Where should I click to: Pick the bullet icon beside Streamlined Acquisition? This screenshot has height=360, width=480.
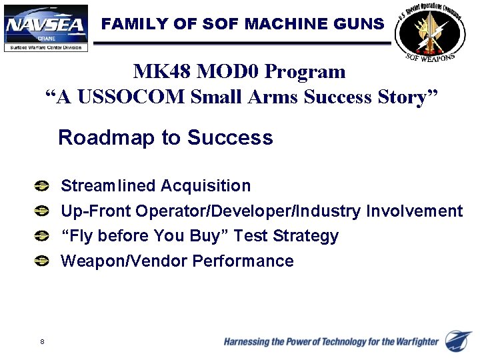pyautogui.click(x=42, y=186)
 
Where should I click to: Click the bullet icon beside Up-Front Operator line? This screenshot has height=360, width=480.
pyautogui.click(x=42, y=211)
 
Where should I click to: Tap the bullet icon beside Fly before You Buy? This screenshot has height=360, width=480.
pyautogui.click(x=42, y=236)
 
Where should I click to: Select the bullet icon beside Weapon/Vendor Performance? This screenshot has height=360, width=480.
pyautogui.click(x=42, y=261)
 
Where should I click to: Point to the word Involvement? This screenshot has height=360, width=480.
pyautogui.click(x=414, y=211)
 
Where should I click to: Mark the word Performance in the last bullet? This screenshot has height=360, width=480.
pyautogui.click(x=243, y=261)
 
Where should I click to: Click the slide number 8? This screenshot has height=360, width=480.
pyautogui.click(x=42, y=342)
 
